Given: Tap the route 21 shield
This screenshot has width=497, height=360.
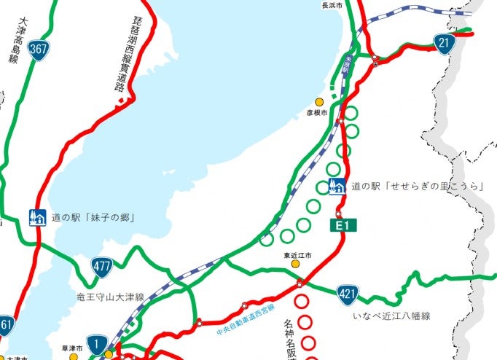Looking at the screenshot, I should click(x=443, y=43).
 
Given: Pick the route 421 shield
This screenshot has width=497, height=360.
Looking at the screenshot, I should click(x=347, y=294).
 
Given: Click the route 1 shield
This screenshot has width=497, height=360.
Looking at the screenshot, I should click(x=96, y=343).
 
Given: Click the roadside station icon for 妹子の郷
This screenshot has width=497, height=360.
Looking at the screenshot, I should click(x=36, y=217).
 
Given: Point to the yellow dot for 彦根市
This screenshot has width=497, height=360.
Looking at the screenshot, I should click(x=318, y=102).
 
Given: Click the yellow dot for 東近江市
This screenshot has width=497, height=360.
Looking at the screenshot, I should click(x=297, y=265).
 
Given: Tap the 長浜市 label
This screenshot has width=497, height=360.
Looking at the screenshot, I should click(x=332, y=5).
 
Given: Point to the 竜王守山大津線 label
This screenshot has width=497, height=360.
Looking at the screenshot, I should click(x=110, y=297).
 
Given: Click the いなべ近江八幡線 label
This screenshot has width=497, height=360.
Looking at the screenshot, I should click(x=391, y=316).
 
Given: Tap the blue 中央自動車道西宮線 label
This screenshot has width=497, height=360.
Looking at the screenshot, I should click(x=246, y=318).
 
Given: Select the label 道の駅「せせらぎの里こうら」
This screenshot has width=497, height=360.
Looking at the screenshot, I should click(x=419, y=187).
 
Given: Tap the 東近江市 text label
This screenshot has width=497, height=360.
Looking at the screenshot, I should click(x=297, y=255).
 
